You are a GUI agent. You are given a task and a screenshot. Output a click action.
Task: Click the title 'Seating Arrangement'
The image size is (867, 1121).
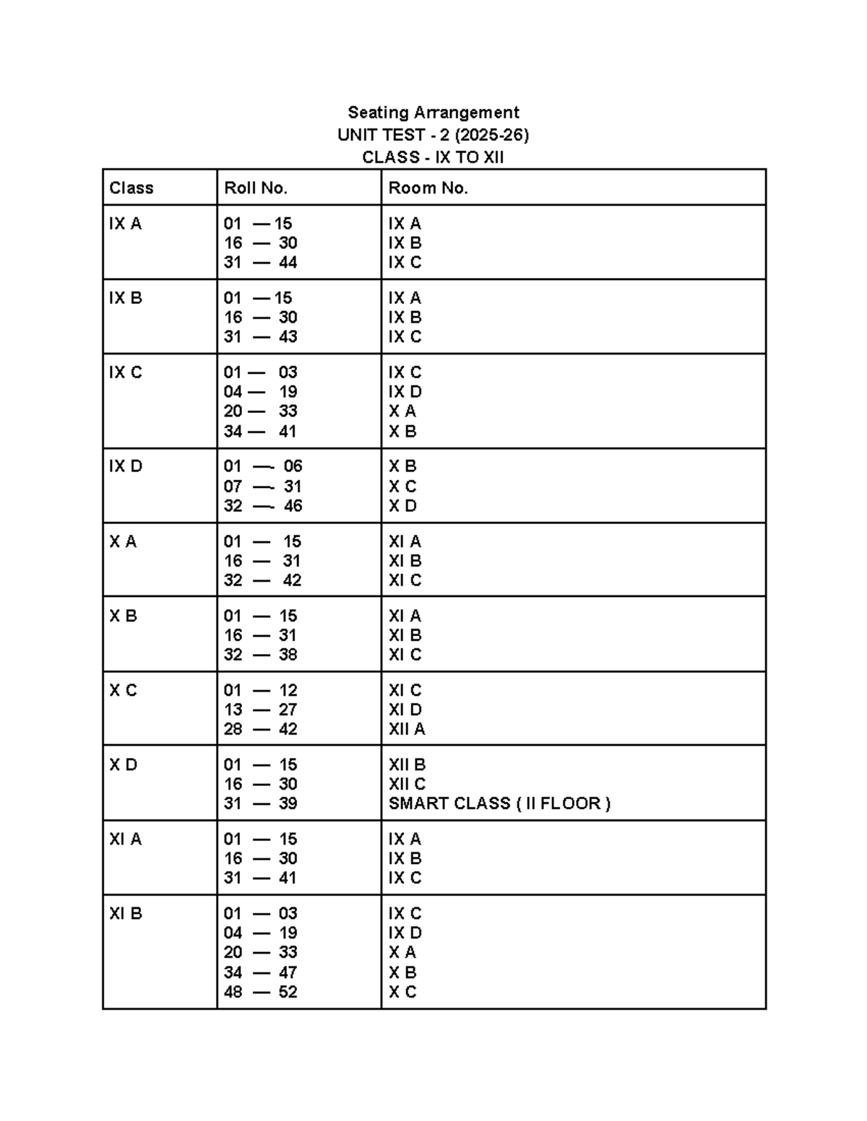(433, 113)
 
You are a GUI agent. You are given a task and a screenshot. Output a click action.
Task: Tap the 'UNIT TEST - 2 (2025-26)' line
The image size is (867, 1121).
(433, 135)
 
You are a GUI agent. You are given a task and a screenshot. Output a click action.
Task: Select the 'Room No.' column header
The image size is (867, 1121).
(428, 188)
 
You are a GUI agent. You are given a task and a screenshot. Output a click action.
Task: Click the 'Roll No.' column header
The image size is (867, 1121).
(256, 188)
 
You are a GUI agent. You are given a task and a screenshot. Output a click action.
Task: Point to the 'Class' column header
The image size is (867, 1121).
(131, 188)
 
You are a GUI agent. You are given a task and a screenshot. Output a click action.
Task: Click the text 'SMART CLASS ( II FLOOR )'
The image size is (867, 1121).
(499, 803)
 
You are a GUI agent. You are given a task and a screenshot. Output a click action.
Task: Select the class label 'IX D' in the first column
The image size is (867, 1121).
(126, 466)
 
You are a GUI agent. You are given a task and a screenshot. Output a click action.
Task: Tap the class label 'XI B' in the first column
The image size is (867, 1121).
(126, 913)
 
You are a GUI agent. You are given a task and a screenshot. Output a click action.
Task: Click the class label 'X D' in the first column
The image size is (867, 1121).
(123, 764)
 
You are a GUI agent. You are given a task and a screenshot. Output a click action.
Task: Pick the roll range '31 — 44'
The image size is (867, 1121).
(260, 263)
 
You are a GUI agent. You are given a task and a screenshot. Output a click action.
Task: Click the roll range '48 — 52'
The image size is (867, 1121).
(260, 992)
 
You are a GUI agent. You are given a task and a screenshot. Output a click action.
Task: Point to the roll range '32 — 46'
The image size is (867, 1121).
(262, 506)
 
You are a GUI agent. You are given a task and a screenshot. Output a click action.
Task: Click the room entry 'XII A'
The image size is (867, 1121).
(407, 729)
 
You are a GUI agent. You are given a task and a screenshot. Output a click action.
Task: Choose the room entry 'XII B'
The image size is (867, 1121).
(407, 764)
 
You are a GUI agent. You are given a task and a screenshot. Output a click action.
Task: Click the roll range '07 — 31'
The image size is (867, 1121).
(262, 487)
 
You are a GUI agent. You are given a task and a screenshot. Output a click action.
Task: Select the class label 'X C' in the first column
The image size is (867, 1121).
(123, 690)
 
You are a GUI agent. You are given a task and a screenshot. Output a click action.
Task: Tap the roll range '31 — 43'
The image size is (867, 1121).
(260, 337)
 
